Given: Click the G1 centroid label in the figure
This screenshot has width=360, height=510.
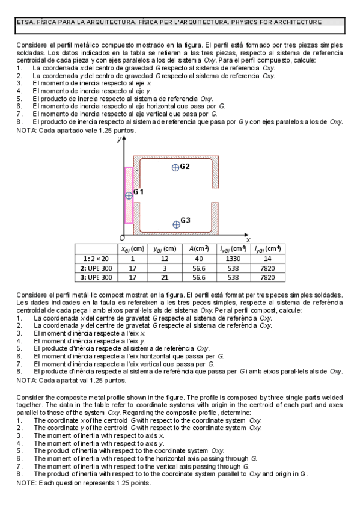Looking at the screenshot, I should pos(138,191).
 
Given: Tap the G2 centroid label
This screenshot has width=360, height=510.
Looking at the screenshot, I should pos(185,166).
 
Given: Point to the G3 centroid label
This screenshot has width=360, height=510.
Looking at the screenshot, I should pos(185,221).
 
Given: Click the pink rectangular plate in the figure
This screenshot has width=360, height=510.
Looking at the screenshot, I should pos(128,195).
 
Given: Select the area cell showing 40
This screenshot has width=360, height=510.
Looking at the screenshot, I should pos(200,258).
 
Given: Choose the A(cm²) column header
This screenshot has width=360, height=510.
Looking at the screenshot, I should pos(200,248).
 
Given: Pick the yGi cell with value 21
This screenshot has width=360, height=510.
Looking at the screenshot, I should pos(165,277).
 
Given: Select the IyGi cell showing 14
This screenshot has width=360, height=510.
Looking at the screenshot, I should pos(267,258).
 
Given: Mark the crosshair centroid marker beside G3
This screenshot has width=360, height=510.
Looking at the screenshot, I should pos(176,224).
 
